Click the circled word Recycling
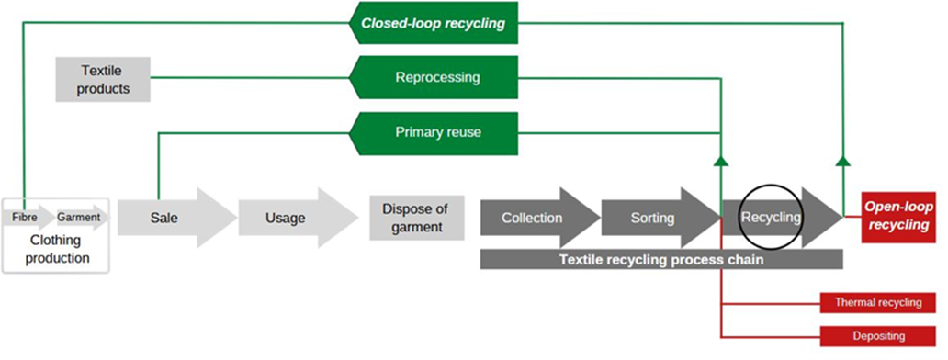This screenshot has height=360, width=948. (771, 218)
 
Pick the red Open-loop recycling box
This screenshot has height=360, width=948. (897, 218)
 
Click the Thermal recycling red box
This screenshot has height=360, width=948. (877, 302)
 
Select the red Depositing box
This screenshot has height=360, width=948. (877, 336)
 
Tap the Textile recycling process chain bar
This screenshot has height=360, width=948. (660, 260)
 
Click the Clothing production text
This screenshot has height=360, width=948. (56, 250)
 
